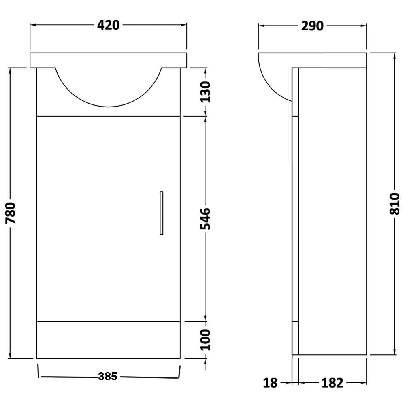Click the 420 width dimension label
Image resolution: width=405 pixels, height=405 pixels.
[108, 25]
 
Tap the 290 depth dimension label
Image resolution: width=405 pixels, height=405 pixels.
[312, 26]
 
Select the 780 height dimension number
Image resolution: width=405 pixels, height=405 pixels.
[11, 213]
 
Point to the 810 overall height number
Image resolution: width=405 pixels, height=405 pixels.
[394, 204]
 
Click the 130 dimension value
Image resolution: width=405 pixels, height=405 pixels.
[206, 92]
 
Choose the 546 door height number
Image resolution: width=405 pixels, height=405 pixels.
[206, 219]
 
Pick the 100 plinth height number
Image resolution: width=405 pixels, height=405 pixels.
[206, 340]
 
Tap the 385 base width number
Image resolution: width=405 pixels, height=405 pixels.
[108, 377]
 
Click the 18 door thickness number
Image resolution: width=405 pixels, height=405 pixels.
[270, 383]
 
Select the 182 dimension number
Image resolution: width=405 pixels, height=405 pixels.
[333, 383]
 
